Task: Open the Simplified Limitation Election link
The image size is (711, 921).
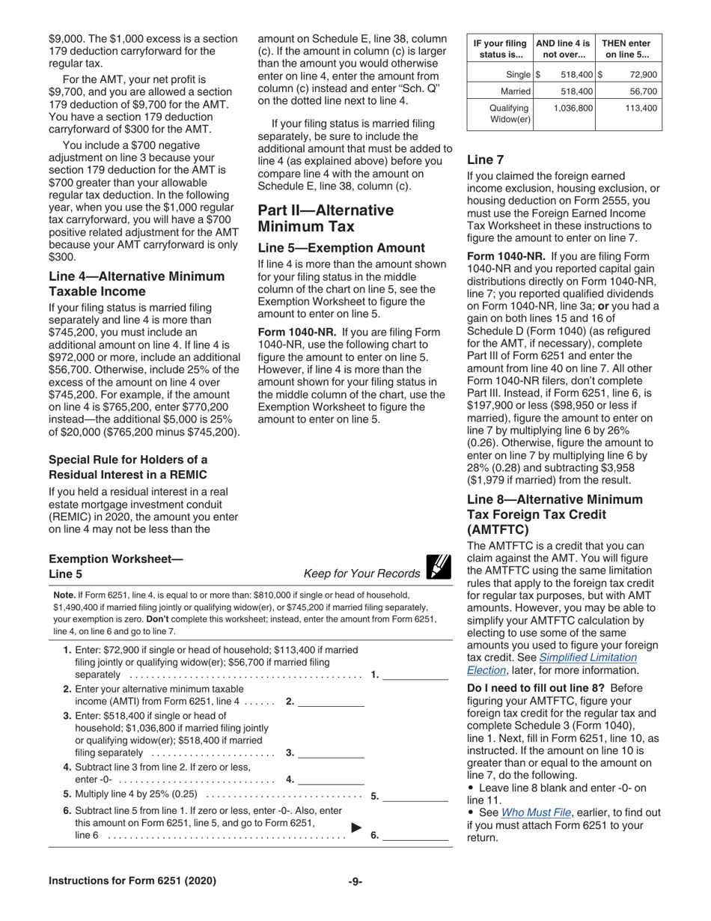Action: click(x=552, y=664)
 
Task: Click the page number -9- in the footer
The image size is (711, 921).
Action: click(x=355, y=881)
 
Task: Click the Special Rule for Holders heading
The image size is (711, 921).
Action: click(x=128, y=467)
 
